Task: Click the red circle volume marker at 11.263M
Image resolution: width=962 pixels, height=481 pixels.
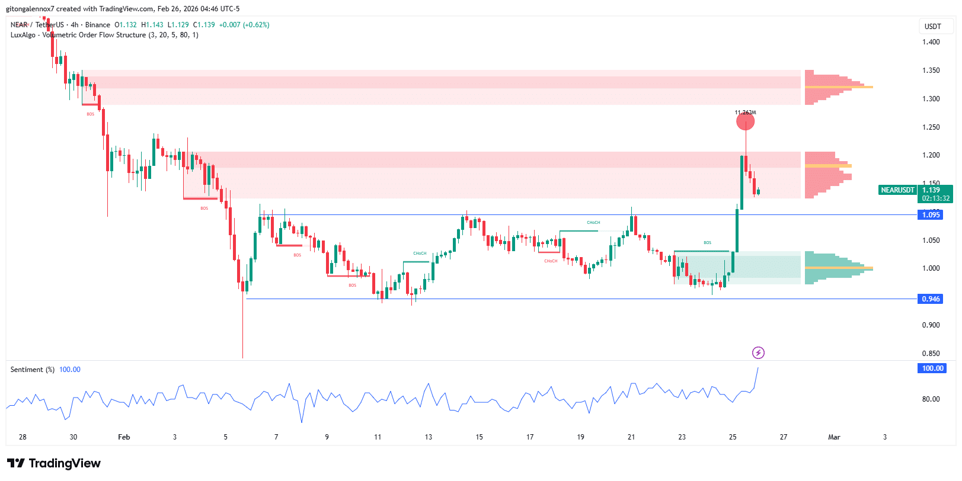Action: (x=745, y=121)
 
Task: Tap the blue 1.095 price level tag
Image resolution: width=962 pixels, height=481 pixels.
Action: (x=931, y=215)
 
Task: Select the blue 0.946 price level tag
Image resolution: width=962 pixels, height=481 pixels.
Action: (x=931, y=299)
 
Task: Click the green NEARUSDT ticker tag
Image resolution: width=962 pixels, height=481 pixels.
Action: (x=897, y=190)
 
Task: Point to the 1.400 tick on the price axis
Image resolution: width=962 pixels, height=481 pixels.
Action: (x=931, y=42)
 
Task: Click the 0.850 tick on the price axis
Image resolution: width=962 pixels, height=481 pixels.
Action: (x=931, y=354)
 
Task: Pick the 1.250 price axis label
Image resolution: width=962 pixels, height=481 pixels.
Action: (x=931, y=127)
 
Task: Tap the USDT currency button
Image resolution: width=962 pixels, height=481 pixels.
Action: (x=932, y=27)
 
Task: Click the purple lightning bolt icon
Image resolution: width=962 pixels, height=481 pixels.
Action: (x=758, y=353)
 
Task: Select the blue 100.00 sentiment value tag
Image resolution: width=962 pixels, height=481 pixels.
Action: (x=932, y=368)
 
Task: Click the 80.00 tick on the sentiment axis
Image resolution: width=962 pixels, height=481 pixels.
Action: (x=931, y=399)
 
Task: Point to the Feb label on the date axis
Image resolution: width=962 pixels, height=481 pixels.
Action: (x=124, y=437)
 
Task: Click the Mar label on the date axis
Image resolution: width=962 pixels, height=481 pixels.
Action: (x=834, y=437)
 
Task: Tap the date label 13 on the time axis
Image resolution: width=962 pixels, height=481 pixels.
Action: (x=429, y=437)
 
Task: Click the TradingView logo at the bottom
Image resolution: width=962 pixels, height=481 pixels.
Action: (x=54, y=463)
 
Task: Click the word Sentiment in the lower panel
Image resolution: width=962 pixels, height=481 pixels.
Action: (x=27, y=370)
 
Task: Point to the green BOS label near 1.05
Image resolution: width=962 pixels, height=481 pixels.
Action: (x=707, y=243)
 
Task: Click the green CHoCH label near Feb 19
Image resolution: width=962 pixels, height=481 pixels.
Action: (x=593, y=223)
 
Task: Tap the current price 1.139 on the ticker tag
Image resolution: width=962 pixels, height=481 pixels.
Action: (x=931, y=190)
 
